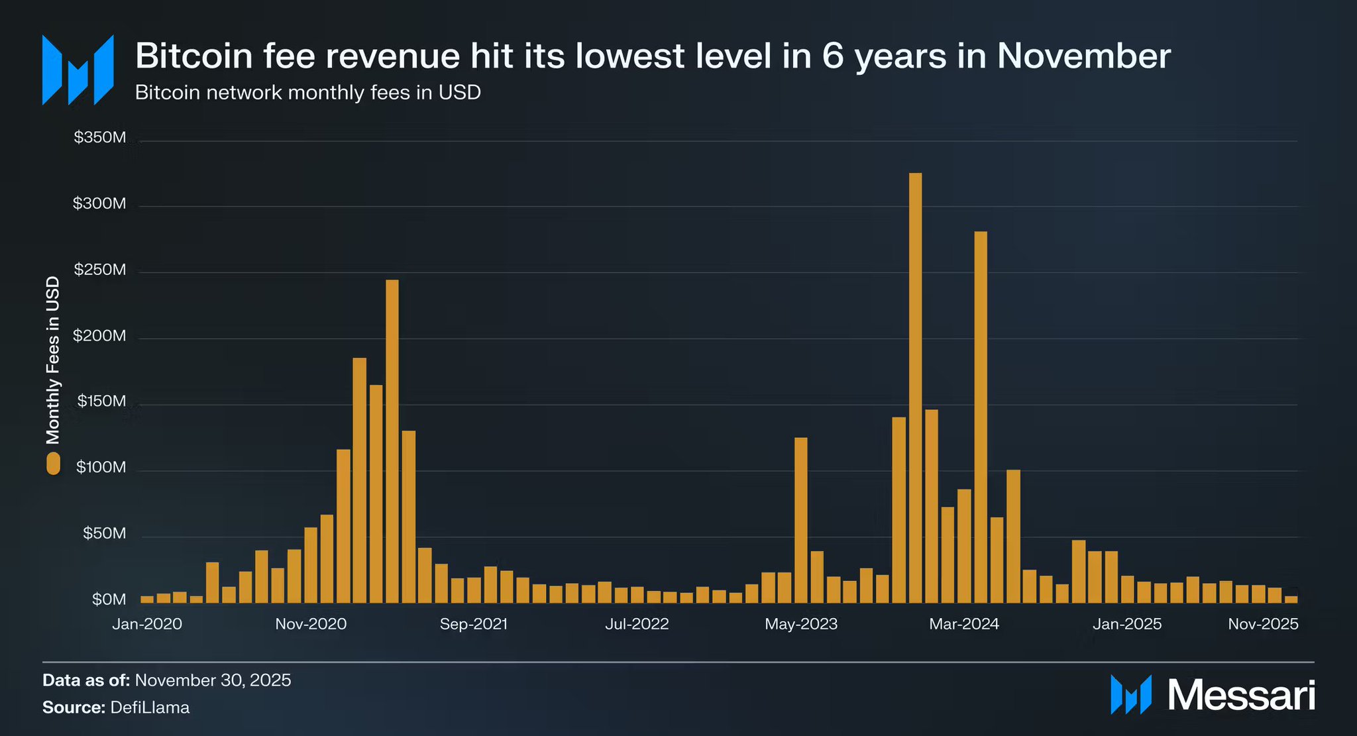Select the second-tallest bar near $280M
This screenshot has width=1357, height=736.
tap(981, 417)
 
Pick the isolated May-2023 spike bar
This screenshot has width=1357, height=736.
tap(800, 520)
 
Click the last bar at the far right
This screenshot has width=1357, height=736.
tap(1291, 600)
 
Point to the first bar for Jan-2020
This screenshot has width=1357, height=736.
tap(147, 600)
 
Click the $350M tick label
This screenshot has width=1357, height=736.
tap(100, 138)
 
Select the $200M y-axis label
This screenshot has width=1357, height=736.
tap(100, 336)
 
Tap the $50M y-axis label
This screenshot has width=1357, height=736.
tap(104, 533)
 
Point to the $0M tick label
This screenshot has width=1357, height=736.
tap(109, 600)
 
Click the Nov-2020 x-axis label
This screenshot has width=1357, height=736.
tap(311, 624)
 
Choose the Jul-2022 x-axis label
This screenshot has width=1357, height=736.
tap(637, 624)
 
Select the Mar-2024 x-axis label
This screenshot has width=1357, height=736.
tap(964, 624)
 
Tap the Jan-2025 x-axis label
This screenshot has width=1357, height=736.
tap(1127, 624)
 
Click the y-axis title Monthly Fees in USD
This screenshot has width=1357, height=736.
tap(53, 360)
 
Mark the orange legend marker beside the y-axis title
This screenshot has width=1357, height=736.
tap(53, 463)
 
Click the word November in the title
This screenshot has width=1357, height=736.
tap(1084, 56)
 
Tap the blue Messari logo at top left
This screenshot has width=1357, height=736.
tap(78, 70)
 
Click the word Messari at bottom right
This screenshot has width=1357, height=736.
tap(1240, 695)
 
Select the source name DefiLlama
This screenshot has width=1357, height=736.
tap(150, 708)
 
